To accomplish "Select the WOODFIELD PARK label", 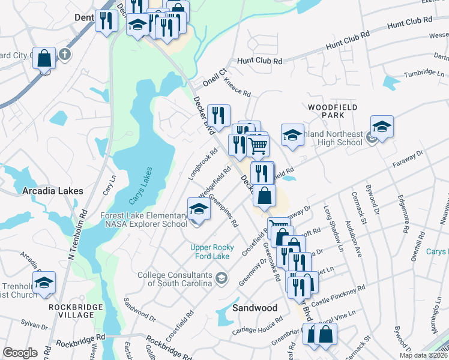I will click(x=333, y=110).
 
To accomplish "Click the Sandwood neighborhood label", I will click(x=255, y=308).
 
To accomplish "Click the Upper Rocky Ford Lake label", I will click(x=218, y=251).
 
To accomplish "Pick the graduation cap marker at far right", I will click(x=382, y=127).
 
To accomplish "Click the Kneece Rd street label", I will click(x=237, y=86).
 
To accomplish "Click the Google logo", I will click(x=20, y=353).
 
